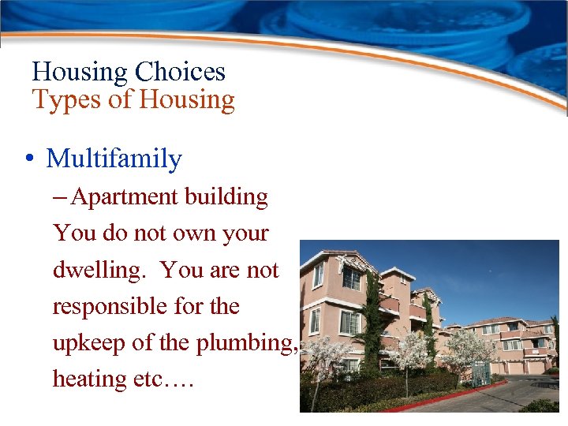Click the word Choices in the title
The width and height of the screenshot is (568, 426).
pos(180,72)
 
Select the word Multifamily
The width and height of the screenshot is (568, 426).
pos(114,159)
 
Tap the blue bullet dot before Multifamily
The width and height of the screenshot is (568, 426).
pos(28,159)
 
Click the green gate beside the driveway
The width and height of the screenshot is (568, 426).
pos(480,373)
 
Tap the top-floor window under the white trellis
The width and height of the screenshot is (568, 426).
pos(351,278)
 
